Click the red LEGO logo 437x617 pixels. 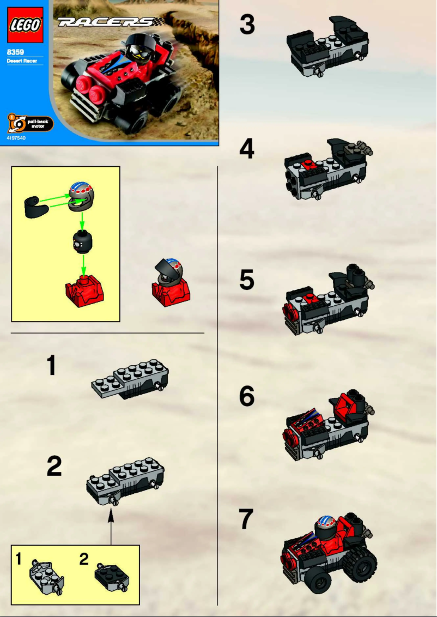click(25, 25)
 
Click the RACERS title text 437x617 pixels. click(107, 22)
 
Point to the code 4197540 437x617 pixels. click(16, 138)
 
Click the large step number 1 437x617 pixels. click(52, 366)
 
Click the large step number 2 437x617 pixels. click(54, 467)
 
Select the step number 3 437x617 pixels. click(247, 26)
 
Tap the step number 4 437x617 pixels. click(247, 149)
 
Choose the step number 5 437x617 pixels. click(247, 280)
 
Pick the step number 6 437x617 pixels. click(247, 397)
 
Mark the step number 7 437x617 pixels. click(247, 519)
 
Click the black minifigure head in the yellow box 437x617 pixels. click(81, 243)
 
